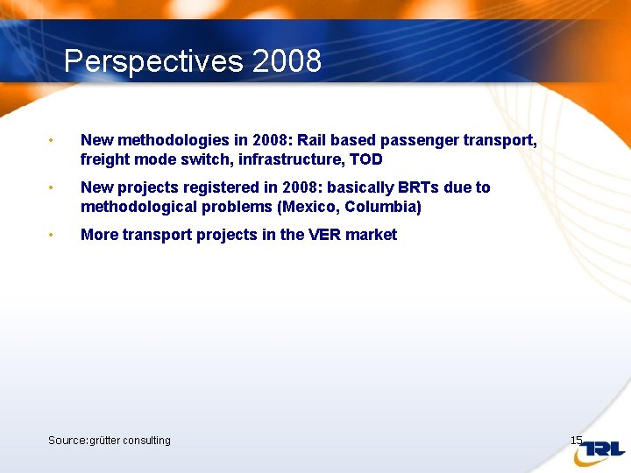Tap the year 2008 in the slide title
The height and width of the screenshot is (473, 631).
[x=287, y=62]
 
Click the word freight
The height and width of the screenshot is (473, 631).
[x=104, y=159]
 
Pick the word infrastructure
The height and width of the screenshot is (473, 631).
[x=274, y=159]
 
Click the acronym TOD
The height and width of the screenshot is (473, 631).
[x=365, y=159]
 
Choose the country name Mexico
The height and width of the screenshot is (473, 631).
[x=308, y=207]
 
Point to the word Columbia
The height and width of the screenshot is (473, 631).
[x=383, y=207]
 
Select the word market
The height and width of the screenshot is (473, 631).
[x=374, y=235]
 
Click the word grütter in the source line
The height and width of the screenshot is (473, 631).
[x=104, y=440]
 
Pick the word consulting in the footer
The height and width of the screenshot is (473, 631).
[x=147, y=440]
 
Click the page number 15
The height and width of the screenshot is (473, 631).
[x=576, y=440]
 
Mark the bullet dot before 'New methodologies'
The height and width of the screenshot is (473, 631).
[x=53, y=141]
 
